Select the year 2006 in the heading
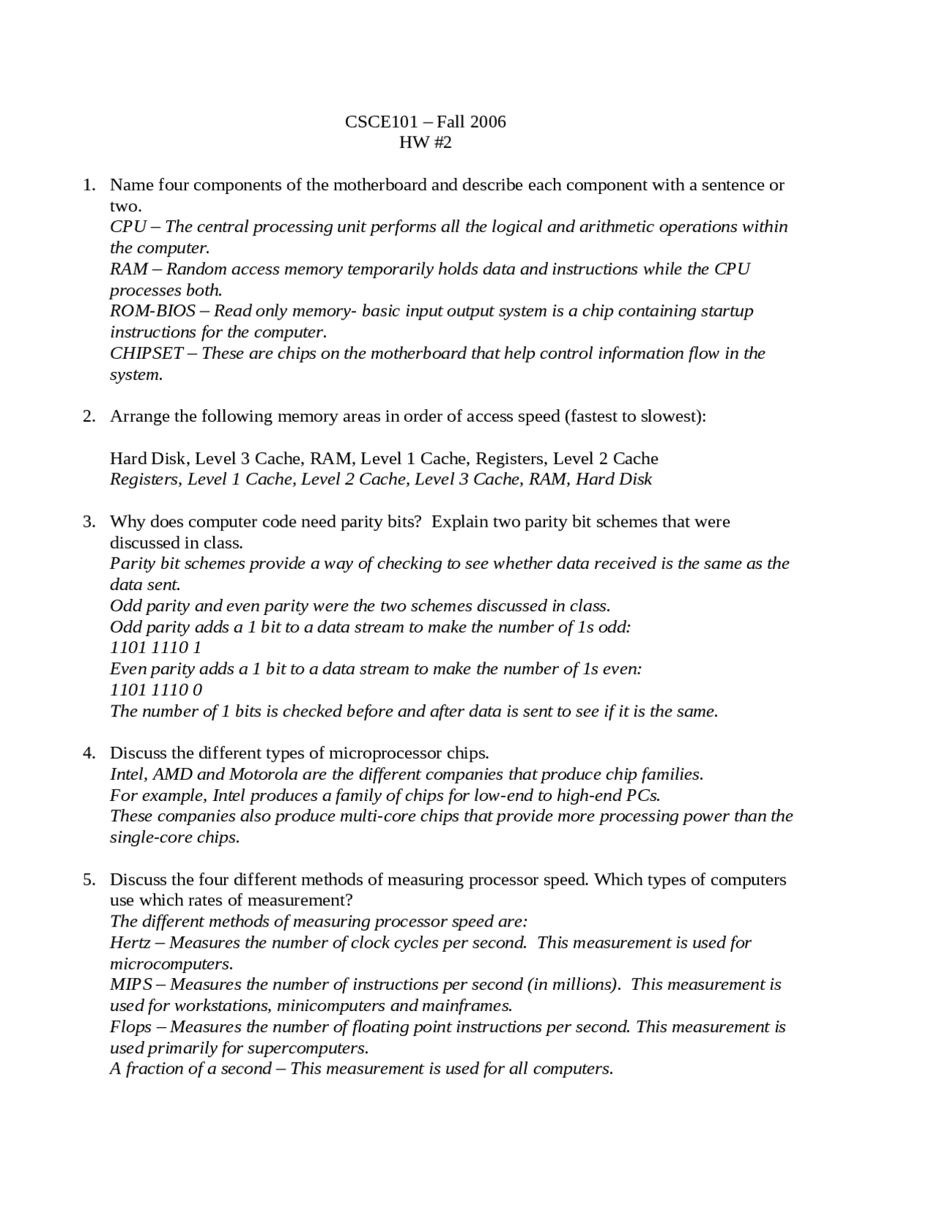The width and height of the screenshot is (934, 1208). click(x=487, y=122)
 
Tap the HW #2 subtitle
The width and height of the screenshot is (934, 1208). click(x=425, y=142)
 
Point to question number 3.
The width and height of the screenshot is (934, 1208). click(x=89, y=522)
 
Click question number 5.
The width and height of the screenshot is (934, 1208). click(x=89, y=879)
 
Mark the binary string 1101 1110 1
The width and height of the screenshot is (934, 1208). click(x=155, y=648)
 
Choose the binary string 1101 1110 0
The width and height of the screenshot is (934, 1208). click(x=155, y=690)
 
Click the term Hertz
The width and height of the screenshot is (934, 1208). click(x=130, y=942)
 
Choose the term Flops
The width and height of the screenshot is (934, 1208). click(x=131, y=1027)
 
